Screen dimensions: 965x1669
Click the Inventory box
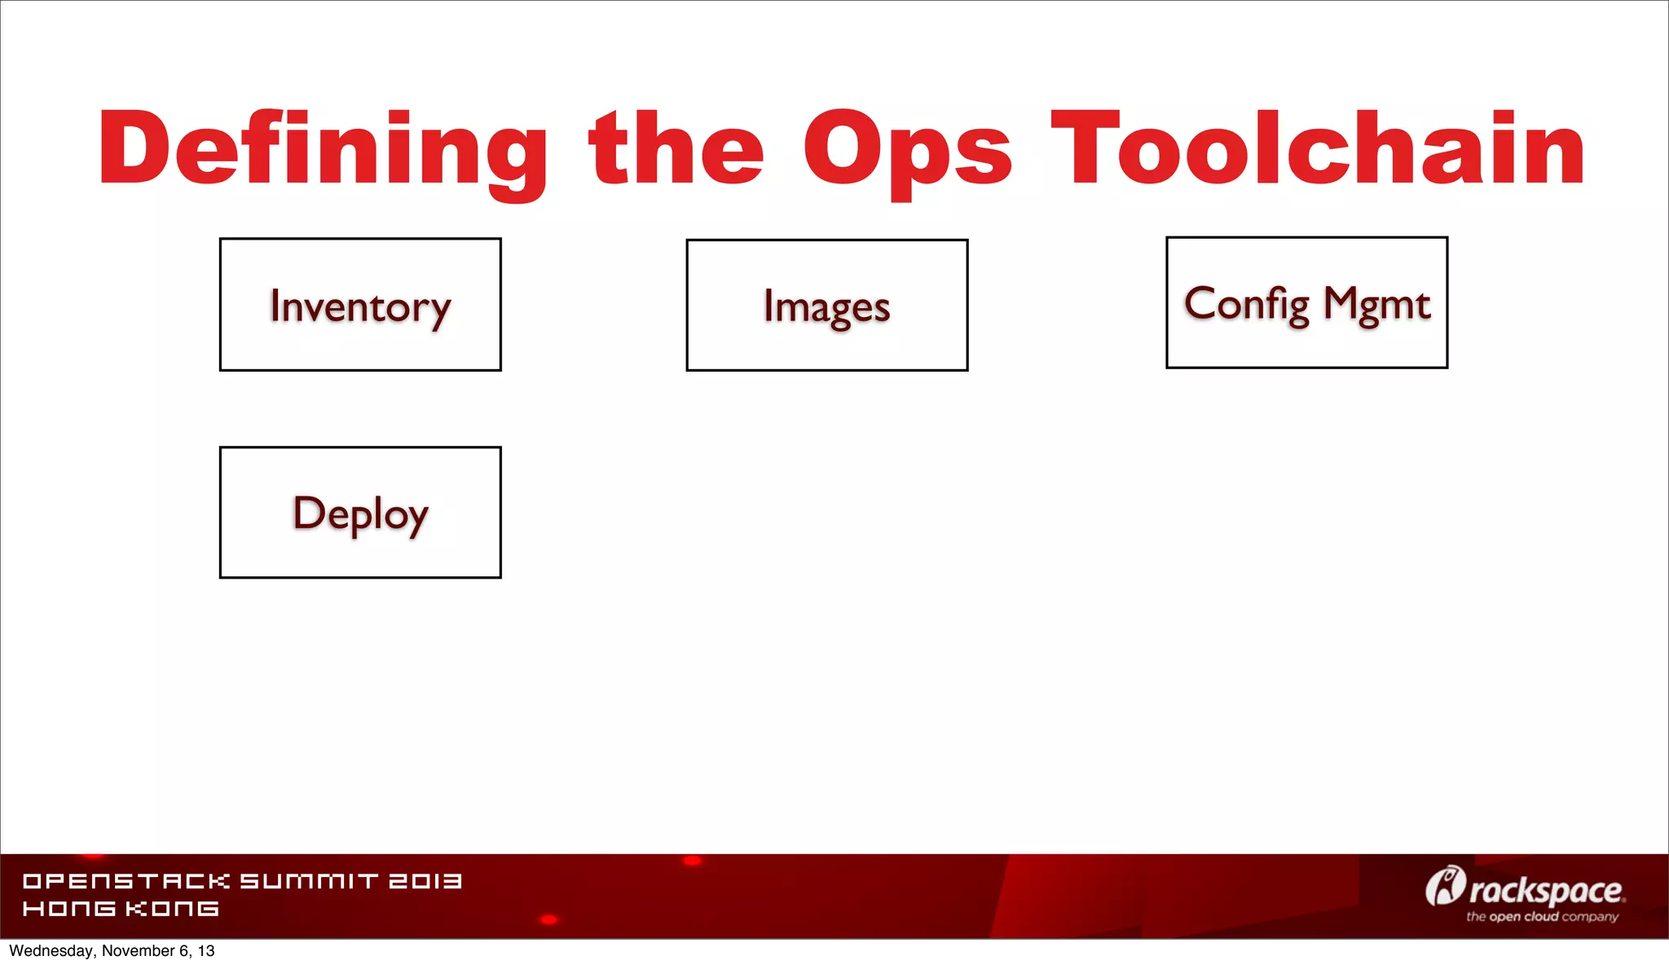point(360,305)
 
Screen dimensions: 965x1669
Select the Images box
point(826,306)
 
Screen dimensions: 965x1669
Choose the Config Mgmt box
point(1306,303)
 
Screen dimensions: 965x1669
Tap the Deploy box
point(360,513)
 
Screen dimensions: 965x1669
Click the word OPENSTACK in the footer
point(126,881)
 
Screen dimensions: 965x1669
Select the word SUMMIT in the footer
point(309,881)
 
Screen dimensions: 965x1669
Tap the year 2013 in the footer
point(425,881)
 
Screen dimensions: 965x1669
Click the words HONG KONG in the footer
point(121,909)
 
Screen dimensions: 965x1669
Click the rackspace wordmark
point(1545,891)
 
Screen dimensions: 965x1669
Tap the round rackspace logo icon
point(1444,886)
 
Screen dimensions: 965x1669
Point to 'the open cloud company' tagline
point(1542,917)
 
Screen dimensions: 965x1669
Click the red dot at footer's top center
point(692,861)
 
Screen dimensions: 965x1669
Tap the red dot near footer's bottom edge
point(549,919)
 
